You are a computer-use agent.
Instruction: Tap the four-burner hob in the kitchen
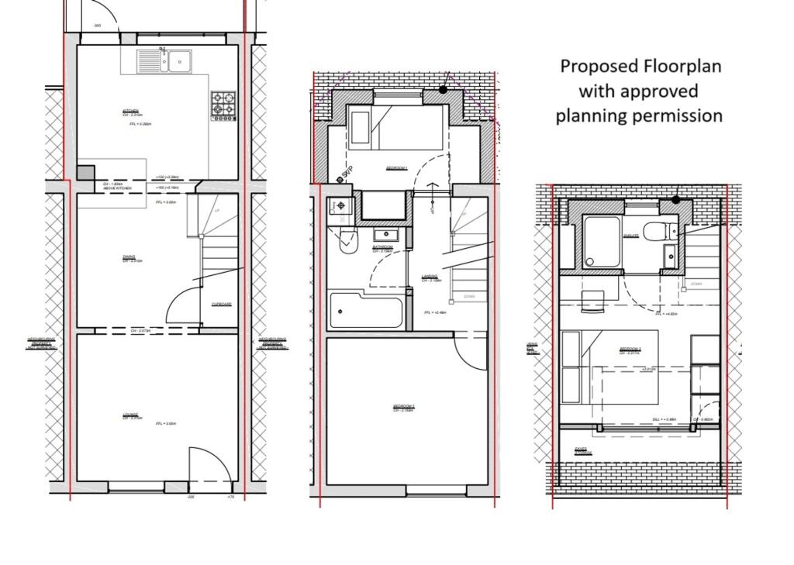[x=223, y=106]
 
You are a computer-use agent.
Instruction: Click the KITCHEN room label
[x=131, y=112]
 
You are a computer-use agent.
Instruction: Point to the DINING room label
[x=129, y=258]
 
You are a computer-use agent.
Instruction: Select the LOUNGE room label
[x=131, y=416]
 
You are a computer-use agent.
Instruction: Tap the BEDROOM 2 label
[x=403, y=408]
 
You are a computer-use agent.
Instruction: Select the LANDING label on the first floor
[x=430, y=277]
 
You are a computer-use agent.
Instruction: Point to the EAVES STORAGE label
[x=583, y=450]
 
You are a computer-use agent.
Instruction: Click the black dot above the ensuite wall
[x=675, y=199]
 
